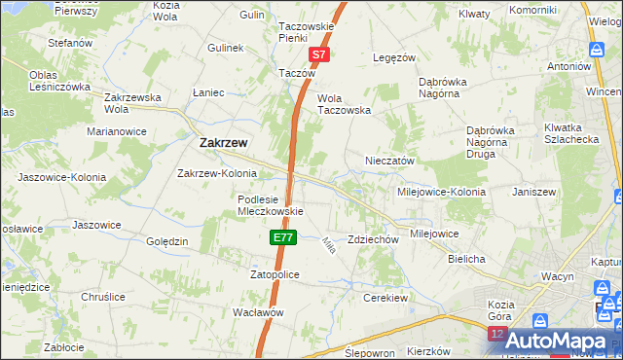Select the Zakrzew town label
pyautogui.click(x=222, y=142)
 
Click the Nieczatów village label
pyautogui.click(x=390, y=161)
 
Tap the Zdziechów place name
pyautogui.click(x=374, y=239)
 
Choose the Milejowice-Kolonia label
pyautogui.click(x=441, y=192)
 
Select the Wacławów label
pyautogui.click(x=257, y=312)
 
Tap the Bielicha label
pyautogui.click(x=466, y=260)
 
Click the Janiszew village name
pyautogui.click(x=533, y=192)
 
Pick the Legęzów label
pyautogui.click(x=394, y=57)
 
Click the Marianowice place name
pyautogui.click(x=116, y=130)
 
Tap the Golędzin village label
pyautogui.click(x=166, y=241)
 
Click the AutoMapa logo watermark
pyautogui.click(x=555, y=340)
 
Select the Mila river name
pyautogui.click(x=328, y=247)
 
